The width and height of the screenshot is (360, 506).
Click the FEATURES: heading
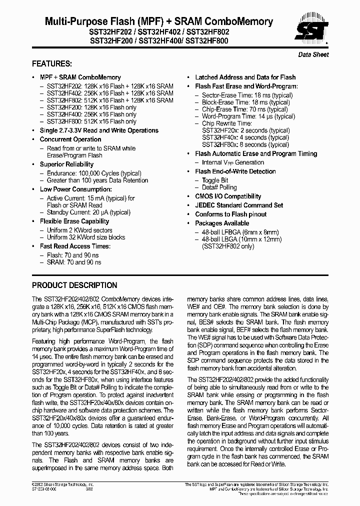pyautogui.click(x=52, y=63)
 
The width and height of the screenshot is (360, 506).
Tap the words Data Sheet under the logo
pyautogui.click(x=313, y=54)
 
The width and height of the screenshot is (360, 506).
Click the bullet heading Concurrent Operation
pyautogui.click(x=70, y=139)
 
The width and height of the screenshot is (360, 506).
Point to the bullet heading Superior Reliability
pyautogui.click(x=66, y=164)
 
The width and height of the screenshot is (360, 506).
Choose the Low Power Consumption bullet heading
pyautogui.click(x=75, y=189)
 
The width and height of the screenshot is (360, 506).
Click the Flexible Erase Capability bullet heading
pyautogui.click(x=74, y=221)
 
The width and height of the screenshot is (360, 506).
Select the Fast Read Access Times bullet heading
pyautogui.click(x=75, y=246)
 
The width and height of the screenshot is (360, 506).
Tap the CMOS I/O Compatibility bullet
pyautogui.click(x=228, y=196)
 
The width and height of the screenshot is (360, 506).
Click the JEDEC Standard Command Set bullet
pyautogui.click(x=238, y=205)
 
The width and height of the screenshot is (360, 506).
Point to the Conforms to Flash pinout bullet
pyautogui.click(x=230, y=214)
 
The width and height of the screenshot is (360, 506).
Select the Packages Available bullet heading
pyautogui.click(x=222, y=223)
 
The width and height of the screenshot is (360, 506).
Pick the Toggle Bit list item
pyautogui.click(x=215, y=180)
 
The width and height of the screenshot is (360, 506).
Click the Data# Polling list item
pyautogui.click(x=219, y=187)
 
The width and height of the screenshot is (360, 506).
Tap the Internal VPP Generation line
pyautogui.click(x=232, y=162)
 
